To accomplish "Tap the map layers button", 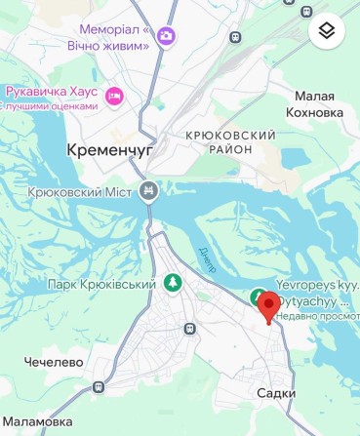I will click(327, 31).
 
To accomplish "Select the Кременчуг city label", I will click(107, 150).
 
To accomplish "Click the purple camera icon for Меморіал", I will click(167, 37).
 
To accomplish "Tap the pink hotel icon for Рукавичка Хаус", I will click(115, 95).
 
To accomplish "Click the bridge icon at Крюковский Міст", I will click(148, 192).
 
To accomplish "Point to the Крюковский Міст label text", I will click(82, 192).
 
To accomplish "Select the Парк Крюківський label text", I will click(101, 284).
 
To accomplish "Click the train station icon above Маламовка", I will click(98, 388).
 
